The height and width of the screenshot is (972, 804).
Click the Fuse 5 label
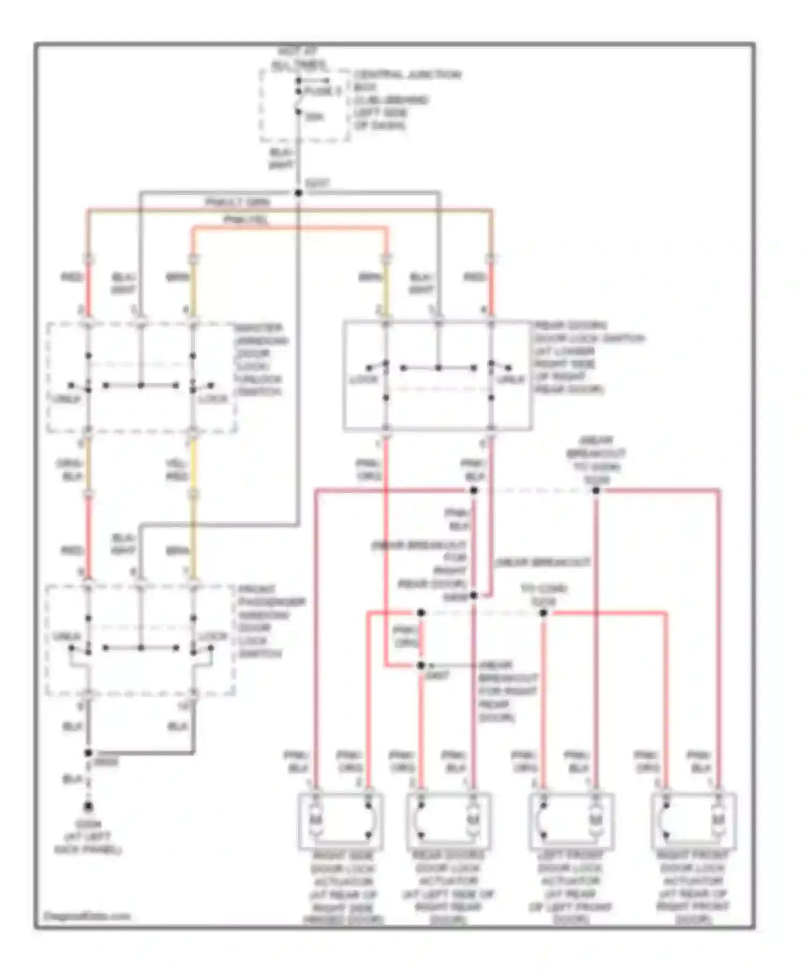pos(322,92)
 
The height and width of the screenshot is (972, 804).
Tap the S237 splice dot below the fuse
pos(299,193)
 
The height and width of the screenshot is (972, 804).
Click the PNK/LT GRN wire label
pos(237,203)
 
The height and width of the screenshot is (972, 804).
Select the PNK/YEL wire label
pos(246,220)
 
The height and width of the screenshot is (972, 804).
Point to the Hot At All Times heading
pos(298,59)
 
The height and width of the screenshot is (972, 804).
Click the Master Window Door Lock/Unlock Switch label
pos(261,360)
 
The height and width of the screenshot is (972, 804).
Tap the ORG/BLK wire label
pos(69,470)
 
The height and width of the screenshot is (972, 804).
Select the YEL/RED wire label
pos(176,470)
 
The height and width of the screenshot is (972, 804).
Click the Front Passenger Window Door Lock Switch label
pos(271,621)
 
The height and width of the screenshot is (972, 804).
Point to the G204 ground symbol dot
pos(88,807)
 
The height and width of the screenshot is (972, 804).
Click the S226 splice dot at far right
pos(596,490)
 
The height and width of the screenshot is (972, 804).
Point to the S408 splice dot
pos(473,595)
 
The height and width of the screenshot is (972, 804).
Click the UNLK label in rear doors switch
pos(510,380)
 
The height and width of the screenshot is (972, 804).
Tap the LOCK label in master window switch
pos(213,399)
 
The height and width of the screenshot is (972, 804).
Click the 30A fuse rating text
pos(315,117)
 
